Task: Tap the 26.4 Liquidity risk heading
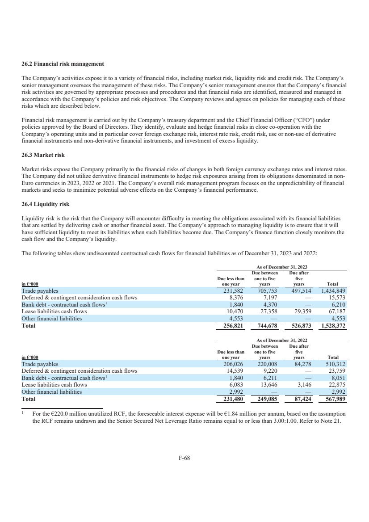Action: coord(46,204)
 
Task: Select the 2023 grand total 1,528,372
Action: coord(334,326)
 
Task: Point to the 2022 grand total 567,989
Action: coord(336,399)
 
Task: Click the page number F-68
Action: coord(184,457)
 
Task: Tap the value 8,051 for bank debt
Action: coord(339,378)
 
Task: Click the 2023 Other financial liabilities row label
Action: coord(52,319)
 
